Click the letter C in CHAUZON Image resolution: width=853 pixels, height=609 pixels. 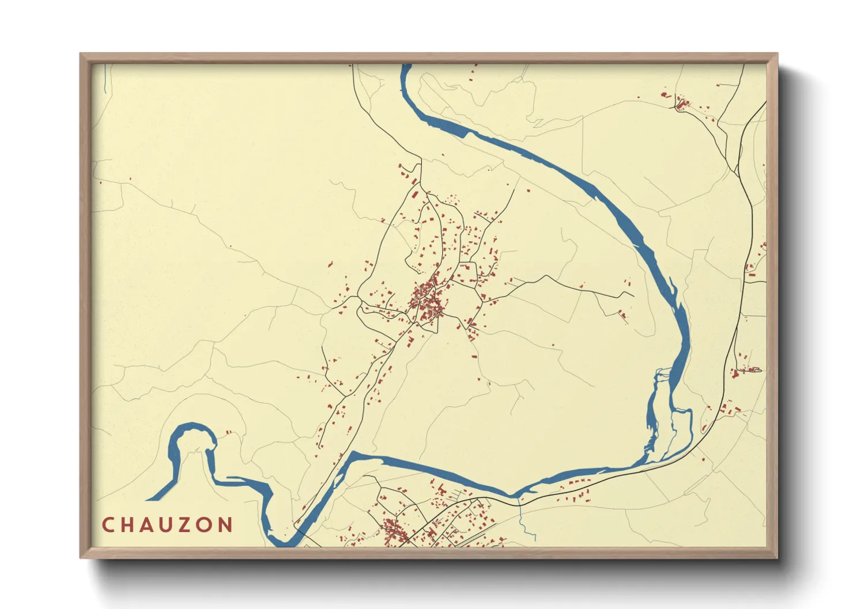[108, 525]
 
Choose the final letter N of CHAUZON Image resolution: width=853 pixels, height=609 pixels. [227, 525]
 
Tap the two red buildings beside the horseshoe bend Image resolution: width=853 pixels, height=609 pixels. [228, 432]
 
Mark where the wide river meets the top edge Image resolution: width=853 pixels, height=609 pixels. [406, 66]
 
